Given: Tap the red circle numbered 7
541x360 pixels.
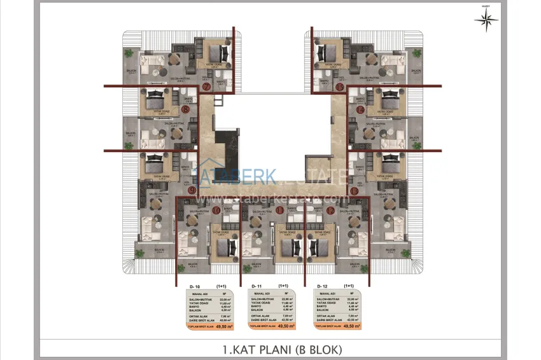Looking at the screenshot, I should [x=206, y=87].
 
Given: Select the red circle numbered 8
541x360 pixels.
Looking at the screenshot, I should [x=185, y=109].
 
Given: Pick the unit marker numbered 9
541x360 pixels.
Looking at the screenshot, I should [x=192, y=190].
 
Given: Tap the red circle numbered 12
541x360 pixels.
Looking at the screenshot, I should [x=330, y=210].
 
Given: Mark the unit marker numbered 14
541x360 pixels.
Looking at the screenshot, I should [x=360, y=109].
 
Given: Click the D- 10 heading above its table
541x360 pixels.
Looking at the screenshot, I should [x=195, y=287].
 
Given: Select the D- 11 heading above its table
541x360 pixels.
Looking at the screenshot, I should [x=257, y=287].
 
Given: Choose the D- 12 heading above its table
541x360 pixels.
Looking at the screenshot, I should [x=320, y=287].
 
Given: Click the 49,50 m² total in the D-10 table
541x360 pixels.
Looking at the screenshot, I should [x=225, y=325].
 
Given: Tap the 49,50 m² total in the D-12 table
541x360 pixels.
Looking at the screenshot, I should [x=351, y=325].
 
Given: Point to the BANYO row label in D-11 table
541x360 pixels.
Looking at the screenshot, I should [x=256, y=306].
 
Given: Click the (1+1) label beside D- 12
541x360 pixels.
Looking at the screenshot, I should [x=348, y=286].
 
